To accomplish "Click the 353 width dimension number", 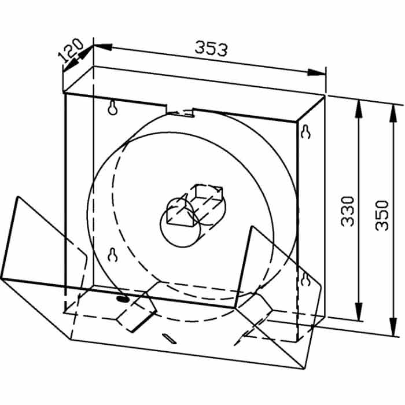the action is [211, 48].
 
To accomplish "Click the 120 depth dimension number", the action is [70, 50].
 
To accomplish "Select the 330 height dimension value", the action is [347, 211].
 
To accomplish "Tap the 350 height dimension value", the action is [382, 215].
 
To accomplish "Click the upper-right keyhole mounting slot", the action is [305, 132].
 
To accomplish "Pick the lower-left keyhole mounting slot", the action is [113, 255].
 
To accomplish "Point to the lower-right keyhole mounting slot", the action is [306, 279].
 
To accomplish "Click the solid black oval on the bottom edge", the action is [123, 299].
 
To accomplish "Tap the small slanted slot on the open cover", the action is [169, 339].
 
